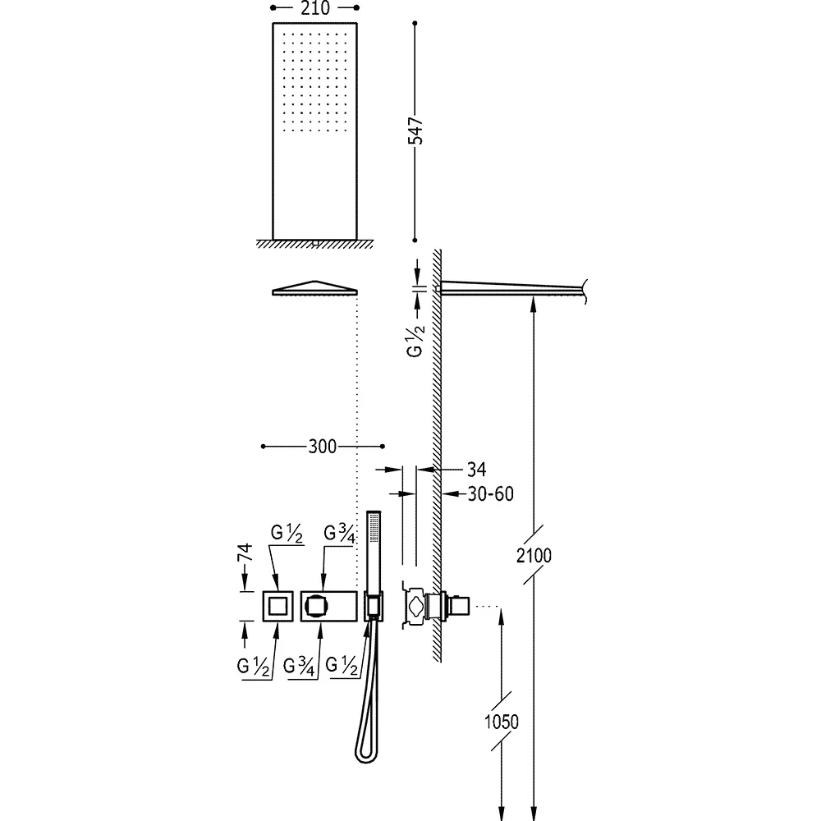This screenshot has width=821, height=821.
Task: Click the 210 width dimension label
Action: click(315, 8)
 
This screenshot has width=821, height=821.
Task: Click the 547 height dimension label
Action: click(415, 131)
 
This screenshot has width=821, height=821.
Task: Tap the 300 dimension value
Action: click(322, 447)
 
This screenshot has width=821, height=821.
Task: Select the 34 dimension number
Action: click(476, 470)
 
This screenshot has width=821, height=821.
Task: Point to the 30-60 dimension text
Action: click(490, 493)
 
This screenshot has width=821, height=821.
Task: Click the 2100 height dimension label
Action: click(534, 556)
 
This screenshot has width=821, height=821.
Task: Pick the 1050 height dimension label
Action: click(501, 722)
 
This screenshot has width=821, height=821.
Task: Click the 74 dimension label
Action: click(245, 553)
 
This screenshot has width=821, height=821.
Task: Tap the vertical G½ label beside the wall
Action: click(415, 341)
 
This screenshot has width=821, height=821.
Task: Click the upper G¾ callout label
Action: click(340, 534)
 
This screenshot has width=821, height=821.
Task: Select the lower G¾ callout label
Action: click(300, 666)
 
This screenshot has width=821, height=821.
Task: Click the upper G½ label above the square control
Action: click(287, 533)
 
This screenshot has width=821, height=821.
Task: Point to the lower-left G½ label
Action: click(254, 666)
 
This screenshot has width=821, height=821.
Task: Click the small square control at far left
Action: click(277, 607)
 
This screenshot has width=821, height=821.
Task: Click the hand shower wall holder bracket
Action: click(374, 607)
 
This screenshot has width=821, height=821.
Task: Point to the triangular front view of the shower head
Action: click(314, 288)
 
